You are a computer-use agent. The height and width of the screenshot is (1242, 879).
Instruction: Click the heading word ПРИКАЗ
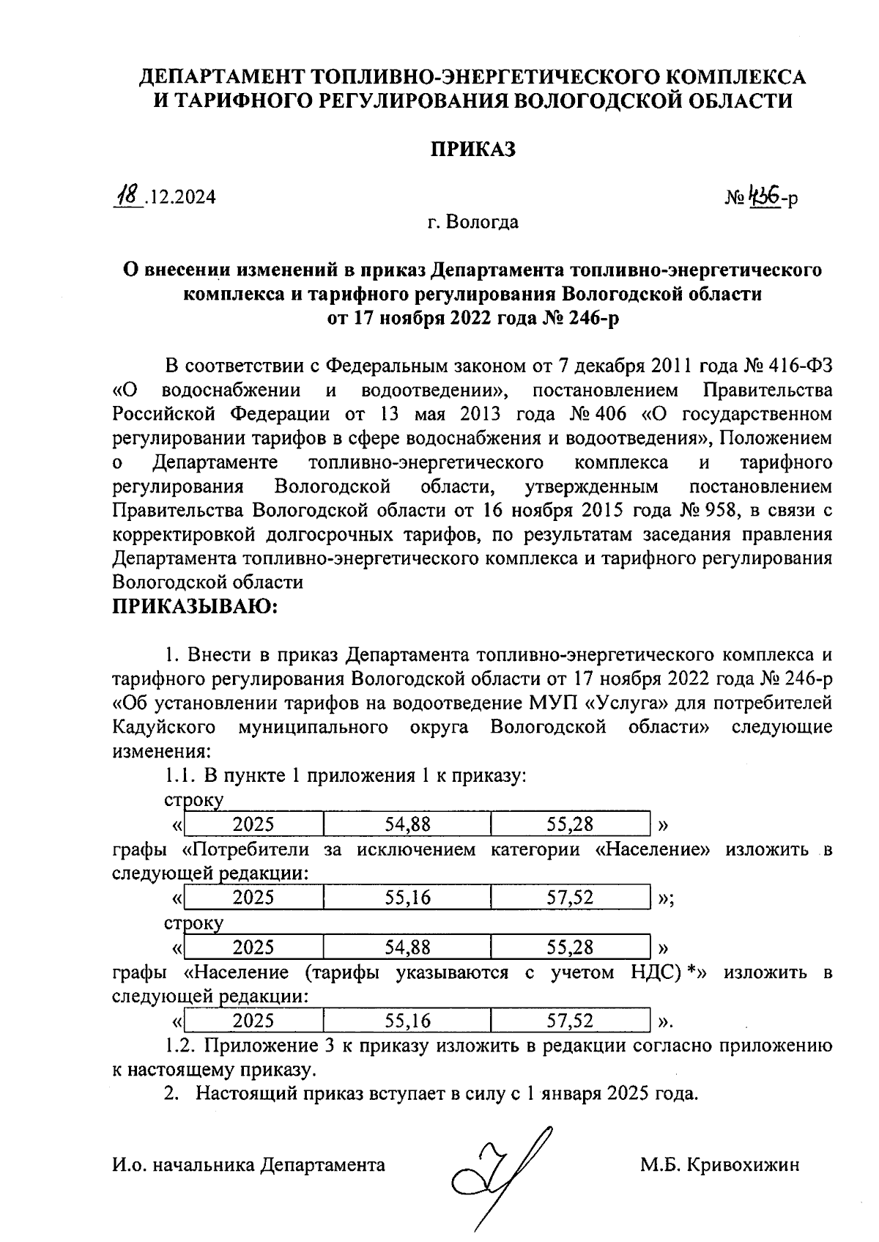click(472, 149)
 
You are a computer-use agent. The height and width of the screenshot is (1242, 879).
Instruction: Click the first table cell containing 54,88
click(407, 824)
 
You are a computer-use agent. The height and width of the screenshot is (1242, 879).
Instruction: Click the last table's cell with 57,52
click(570, 1021)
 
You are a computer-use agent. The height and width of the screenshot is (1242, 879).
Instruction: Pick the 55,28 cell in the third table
click(570, 947)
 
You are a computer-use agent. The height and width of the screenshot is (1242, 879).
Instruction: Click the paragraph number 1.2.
click(179, 1046)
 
